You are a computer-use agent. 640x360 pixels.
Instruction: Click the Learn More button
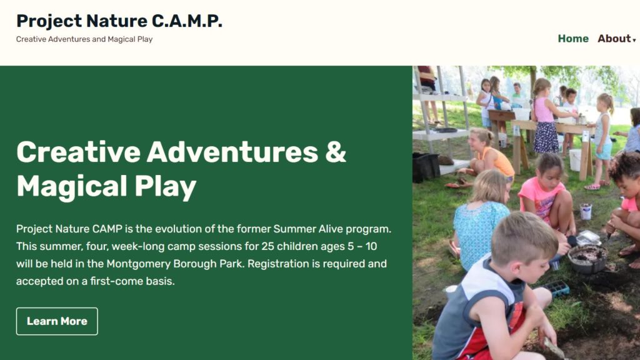tap(57, 321)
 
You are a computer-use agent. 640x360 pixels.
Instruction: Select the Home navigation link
tap(573, 39)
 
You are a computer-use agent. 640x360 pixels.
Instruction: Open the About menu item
tap(614, 39)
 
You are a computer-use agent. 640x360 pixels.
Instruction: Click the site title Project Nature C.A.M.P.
tap(119, 21)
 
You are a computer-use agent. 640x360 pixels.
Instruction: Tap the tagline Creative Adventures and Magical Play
tap(84, 39)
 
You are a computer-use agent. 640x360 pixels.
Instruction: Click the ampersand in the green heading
tap(336, 152)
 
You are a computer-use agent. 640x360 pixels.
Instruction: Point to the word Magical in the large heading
tap(72, 186)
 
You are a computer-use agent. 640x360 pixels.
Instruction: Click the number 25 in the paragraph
tap(267, 246)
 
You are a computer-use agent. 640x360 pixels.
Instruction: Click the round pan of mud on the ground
tap(587, 258)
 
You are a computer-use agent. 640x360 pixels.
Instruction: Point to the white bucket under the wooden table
tap(575, 160)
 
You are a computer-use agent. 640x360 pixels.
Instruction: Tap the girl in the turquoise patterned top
tap(480, 221)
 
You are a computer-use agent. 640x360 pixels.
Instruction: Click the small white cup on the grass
tap(586, 212)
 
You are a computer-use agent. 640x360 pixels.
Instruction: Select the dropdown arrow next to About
tap(634, 40)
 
